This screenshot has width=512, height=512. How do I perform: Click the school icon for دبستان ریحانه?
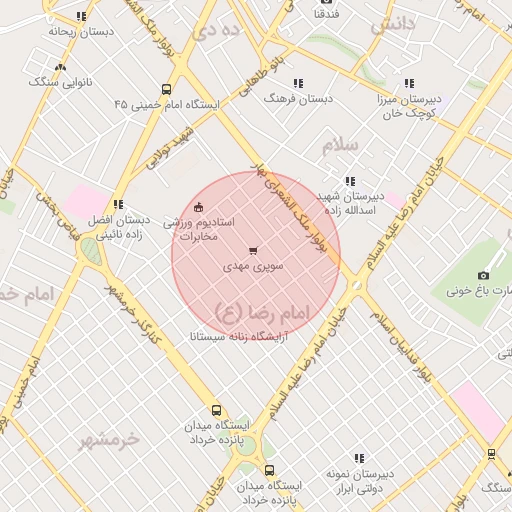[80, 16]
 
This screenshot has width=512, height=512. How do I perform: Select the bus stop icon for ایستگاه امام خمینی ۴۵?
[166, 87]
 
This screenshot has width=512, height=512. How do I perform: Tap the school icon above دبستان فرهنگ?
[297, 83]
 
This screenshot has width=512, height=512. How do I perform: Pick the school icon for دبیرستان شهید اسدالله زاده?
[349, 181]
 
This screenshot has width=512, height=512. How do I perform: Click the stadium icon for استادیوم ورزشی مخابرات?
[199, 207]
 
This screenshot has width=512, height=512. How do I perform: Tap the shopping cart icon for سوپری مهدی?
[252, 251]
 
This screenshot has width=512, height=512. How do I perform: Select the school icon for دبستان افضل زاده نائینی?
[119, 204]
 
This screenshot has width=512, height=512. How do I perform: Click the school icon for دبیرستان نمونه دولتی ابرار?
[359, 458]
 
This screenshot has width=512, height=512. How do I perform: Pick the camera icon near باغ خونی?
[483, 275]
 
